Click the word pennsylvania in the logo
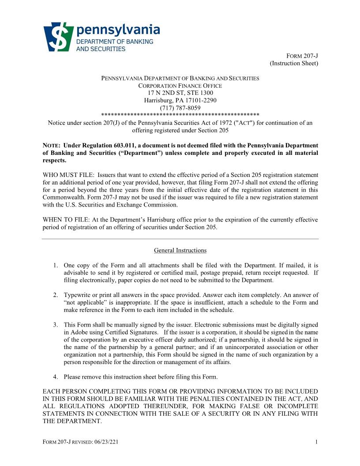point(118,30)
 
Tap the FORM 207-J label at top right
point(302,56)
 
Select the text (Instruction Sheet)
point(294,64)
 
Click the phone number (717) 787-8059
point(180,108)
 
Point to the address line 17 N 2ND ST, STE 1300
point(180,93)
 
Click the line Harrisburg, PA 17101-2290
point(180,100)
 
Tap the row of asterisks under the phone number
point(180,115)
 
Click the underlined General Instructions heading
point(180,251)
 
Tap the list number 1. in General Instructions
point(56,266)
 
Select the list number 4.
point(56,377)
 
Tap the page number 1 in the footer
point(317,442)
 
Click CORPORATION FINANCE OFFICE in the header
point(180,86)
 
